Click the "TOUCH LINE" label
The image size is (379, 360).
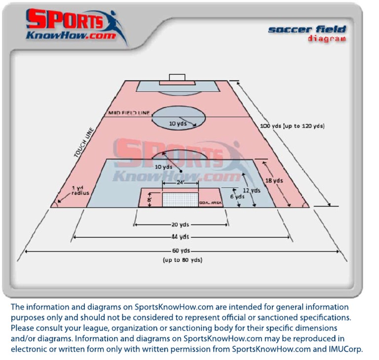[x=84, y=143]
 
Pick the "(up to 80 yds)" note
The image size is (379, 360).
[x=182, y=260]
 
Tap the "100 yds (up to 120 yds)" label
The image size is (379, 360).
[x=292, y=126]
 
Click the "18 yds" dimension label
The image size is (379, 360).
[x=275, y=181]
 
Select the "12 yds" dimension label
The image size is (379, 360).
[x=252, y=190]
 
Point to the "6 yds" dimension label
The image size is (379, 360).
[x=237, y=196]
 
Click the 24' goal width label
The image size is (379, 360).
[x=181, y=182]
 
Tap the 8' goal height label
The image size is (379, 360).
[x=150, y=200]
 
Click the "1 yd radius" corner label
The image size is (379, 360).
[x=80, y=190]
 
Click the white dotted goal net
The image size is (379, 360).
[x=181, y=199]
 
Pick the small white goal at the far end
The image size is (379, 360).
[x=177, y=77]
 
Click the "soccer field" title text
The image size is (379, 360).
[x=307, y=30]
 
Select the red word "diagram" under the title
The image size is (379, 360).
[x=326, y=39]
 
